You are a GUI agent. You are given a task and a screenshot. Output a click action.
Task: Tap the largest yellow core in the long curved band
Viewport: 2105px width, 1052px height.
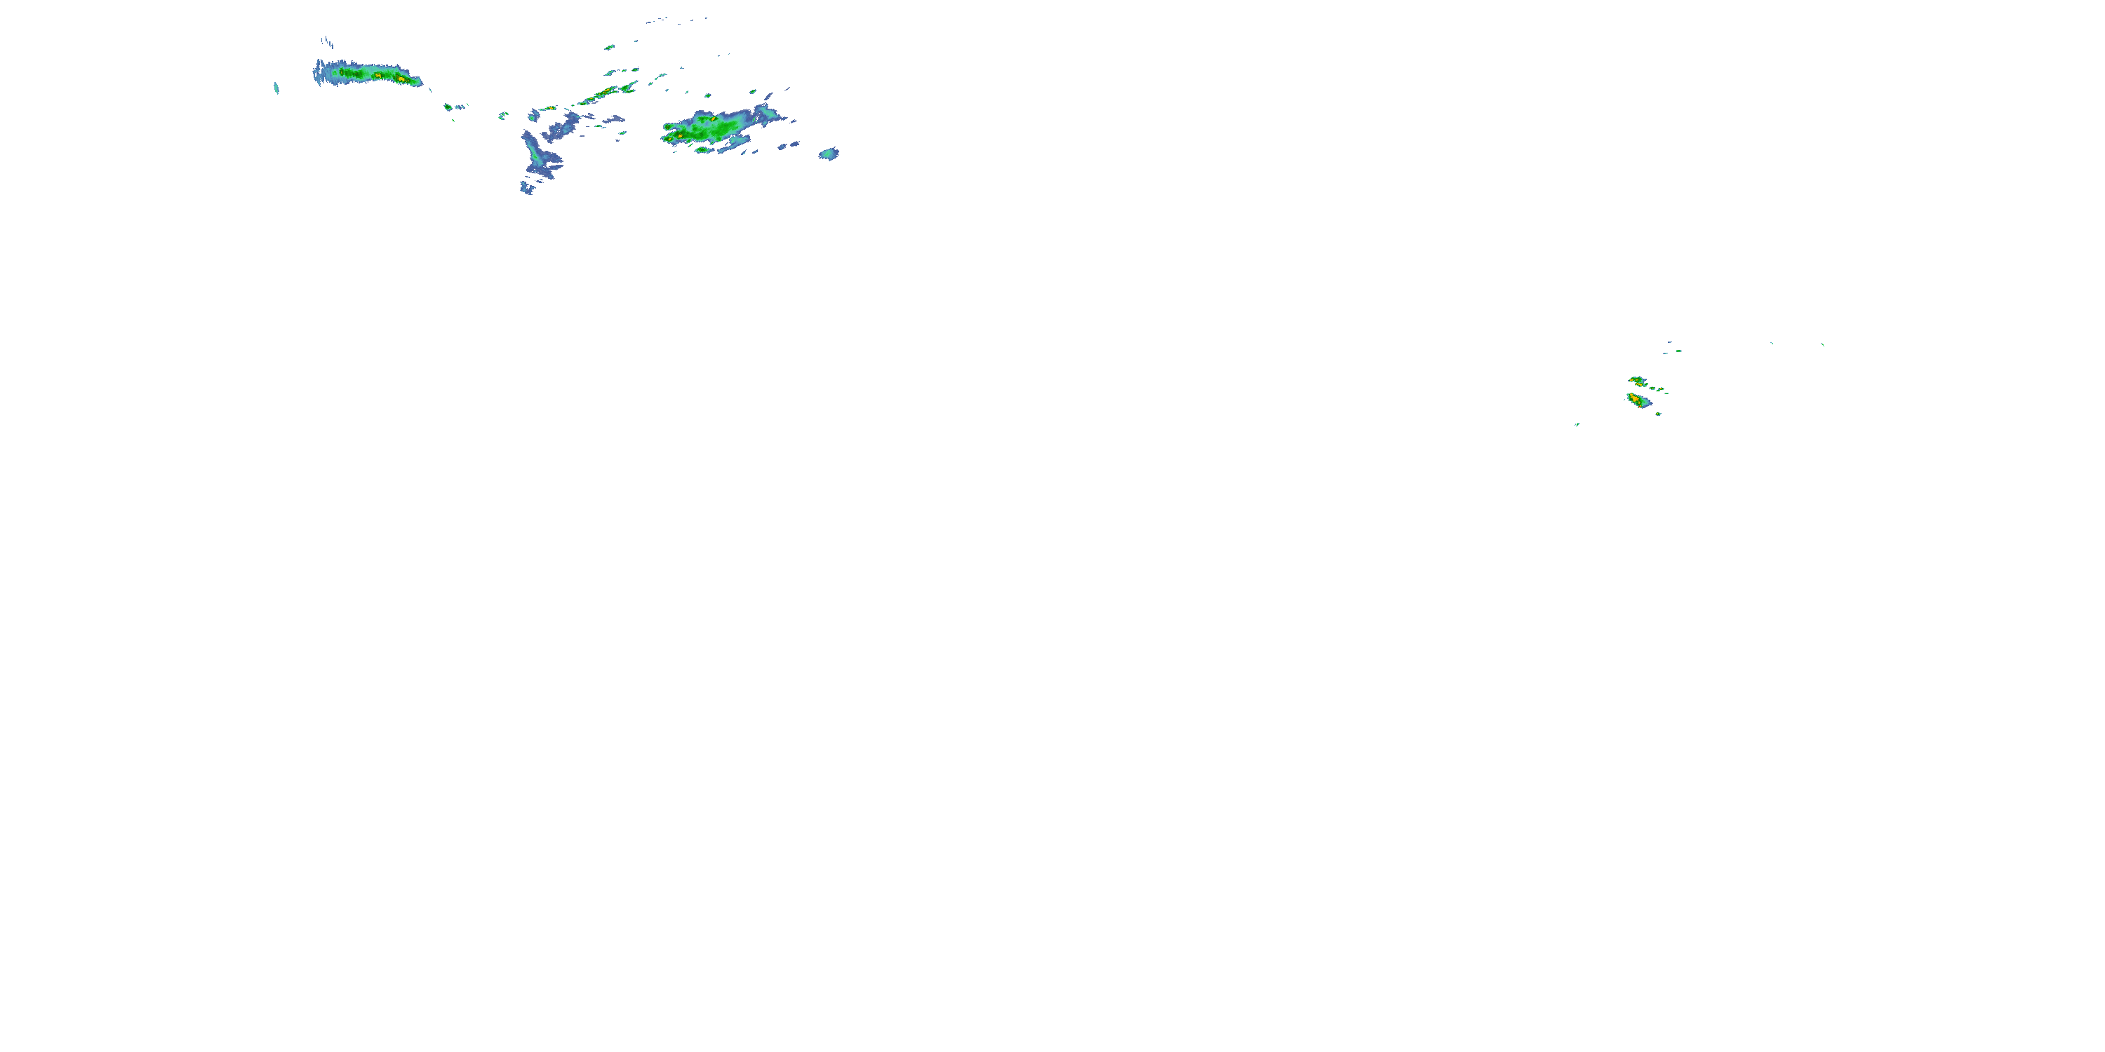point(378,75)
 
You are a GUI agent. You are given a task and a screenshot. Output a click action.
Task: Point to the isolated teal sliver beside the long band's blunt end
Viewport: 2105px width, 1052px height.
point(276,88)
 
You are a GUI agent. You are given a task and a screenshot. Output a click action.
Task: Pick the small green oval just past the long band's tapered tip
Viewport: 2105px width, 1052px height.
point(448,106)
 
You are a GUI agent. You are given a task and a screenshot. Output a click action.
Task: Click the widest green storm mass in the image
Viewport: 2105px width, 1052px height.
point(707,127)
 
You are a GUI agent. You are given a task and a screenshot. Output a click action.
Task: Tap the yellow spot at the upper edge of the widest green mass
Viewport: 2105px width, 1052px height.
point(713,119)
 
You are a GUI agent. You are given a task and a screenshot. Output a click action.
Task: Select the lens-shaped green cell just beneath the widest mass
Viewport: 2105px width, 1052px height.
point(701,149)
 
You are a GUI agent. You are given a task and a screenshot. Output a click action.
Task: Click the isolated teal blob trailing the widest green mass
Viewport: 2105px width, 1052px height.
point(829,154)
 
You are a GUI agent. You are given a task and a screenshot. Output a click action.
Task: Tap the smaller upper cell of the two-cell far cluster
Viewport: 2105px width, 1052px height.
point(1636,381)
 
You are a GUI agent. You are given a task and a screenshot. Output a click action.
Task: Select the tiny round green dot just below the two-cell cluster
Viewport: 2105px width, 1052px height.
point(1658,414)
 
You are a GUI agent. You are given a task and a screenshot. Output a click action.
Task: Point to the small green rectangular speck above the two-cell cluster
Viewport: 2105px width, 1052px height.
point(1678,351)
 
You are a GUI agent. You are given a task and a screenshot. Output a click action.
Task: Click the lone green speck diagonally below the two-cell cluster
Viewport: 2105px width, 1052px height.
point(1577,424)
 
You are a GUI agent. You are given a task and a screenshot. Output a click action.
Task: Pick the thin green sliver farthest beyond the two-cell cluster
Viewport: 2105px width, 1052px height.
point(1822,344)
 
